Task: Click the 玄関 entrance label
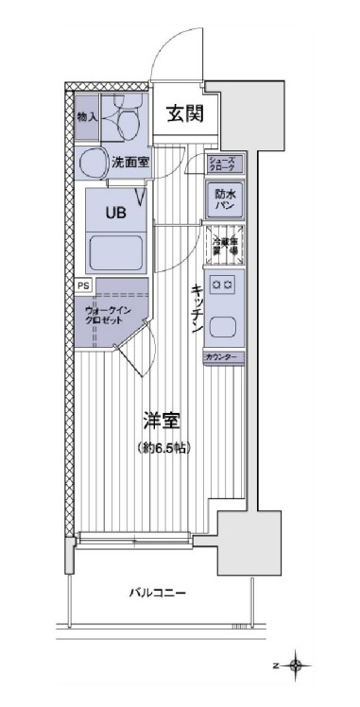click(182, 115)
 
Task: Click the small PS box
click(83, 284)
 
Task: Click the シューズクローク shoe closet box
click(225, 164)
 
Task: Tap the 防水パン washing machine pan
click(226, 198)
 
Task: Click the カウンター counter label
click(225, 357)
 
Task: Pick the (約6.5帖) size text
click(163, 447)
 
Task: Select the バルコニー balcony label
click(158, 594)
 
